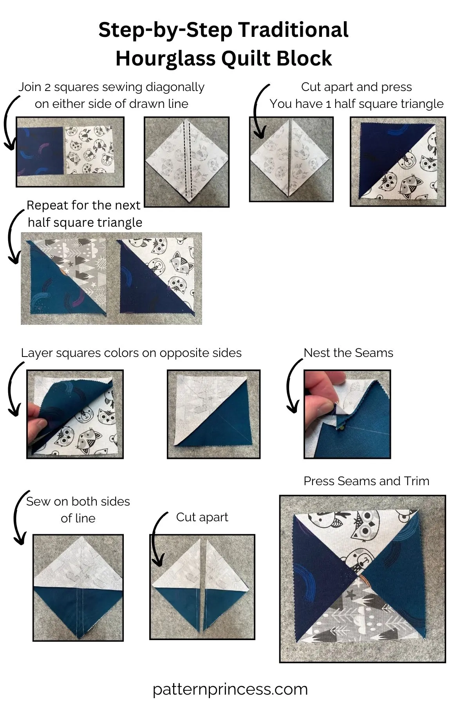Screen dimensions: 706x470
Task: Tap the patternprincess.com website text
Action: [x=230, y=689]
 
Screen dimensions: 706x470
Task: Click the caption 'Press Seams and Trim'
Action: [x=366, y=481]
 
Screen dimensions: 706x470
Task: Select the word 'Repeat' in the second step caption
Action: [x=46, y=205]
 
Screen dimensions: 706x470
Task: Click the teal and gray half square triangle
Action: [x=65, y=278]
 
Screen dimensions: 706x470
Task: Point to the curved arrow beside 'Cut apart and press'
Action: [x=258, y=112]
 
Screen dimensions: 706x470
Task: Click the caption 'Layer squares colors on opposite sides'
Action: [x=131, y=353]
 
